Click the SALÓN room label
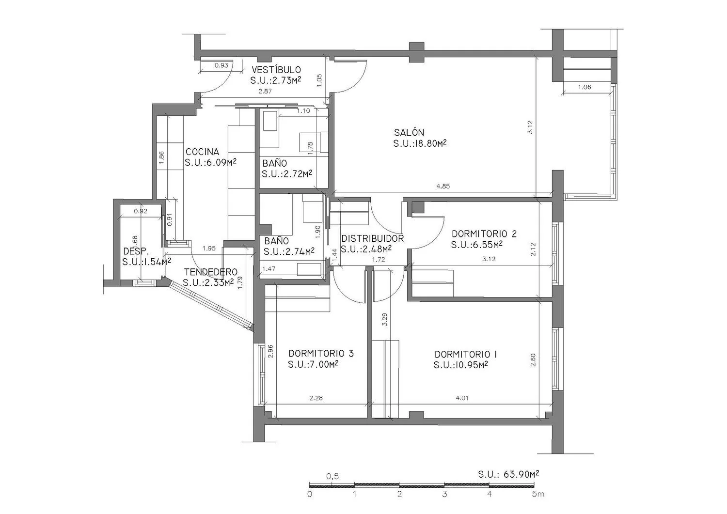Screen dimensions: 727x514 (x=409, y=132)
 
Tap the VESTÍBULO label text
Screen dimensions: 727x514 (x=276, y=70)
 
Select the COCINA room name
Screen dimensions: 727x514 (x=202, y=152)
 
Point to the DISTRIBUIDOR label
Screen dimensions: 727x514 (x=373, y=238)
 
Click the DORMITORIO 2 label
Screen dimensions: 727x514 (x=484, y=234)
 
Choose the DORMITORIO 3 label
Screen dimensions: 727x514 (x=321, y=353)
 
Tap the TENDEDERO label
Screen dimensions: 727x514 (x=211, y=272)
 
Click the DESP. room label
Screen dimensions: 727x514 (x=136, y=251)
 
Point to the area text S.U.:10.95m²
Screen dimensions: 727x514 (x=460, y=365)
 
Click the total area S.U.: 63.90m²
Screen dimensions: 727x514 (x=508, y=474)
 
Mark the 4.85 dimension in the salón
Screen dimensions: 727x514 (x=443, y=186)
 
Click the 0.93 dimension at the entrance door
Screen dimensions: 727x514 (x=221, y=65)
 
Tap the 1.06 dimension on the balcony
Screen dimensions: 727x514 (x=585, y=87)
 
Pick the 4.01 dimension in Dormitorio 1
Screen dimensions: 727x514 (x=462, y=398)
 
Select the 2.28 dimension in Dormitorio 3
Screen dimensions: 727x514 (x=316, y=398)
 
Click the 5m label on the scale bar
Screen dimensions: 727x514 (x=538, y=494)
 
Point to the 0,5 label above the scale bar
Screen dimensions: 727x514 (x=332, y=476)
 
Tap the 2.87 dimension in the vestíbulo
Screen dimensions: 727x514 (x=265, y=91)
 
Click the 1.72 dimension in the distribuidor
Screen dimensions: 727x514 (x=379, y=259)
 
